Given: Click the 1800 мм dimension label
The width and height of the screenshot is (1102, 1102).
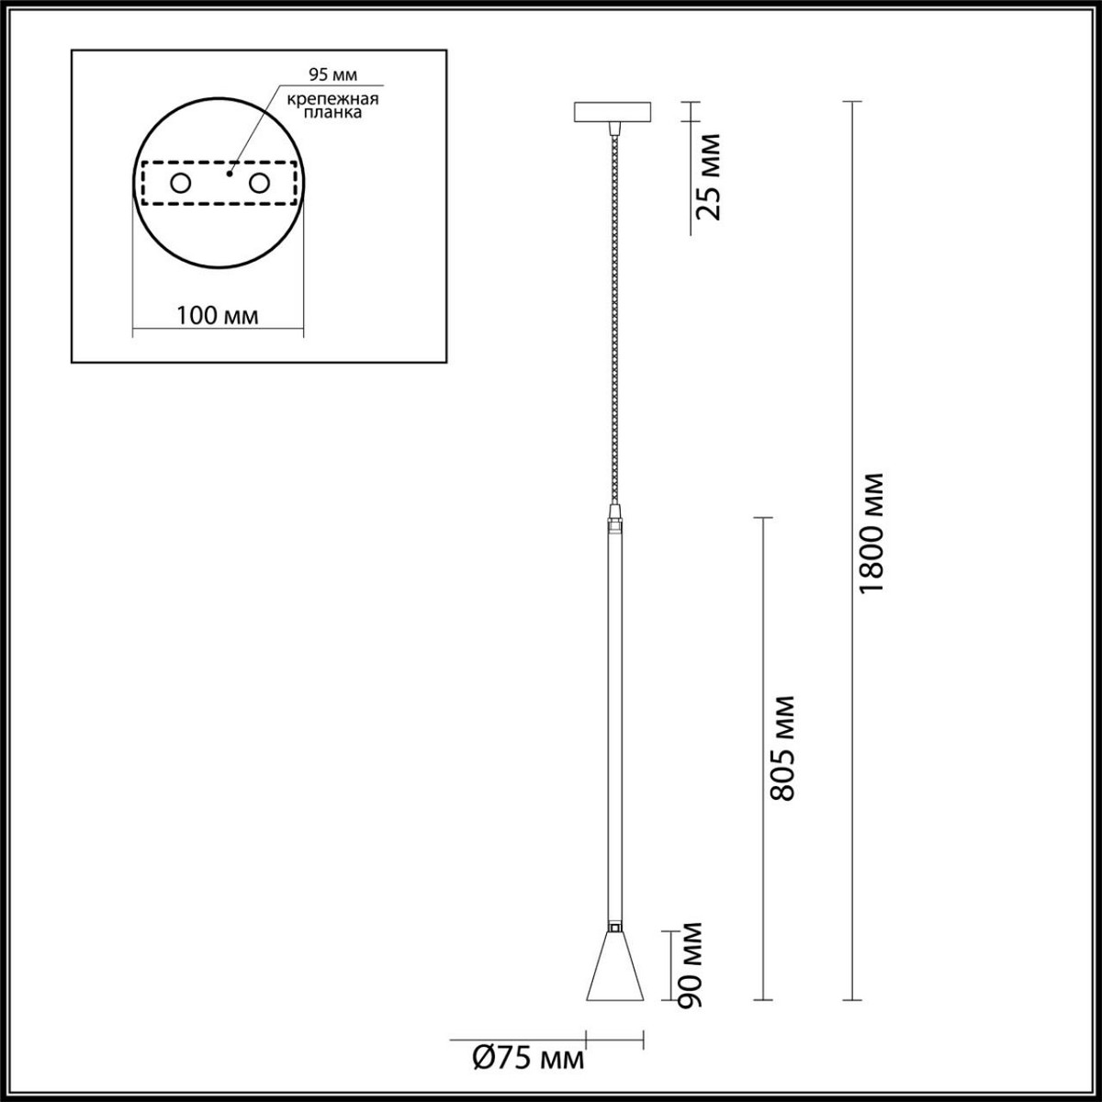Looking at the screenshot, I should point(872,533).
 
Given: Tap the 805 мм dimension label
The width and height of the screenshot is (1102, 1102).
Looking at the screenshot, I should point(782,748).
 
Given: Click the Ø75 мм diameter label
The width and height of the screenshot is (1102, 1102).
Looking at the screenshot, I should point(528,1061).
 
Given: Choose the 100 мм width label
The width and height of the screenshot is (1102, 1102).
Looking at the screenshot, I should point(218,316).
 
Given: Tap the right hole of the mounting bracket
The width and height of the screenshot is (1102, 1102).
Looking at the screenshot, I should point(259,184).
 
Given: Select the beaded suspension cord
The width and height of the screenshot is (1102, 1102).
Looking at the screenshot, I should point(613,312).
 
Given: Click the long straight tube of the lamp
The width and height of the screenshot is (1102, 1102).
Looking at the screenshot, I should point(613,725).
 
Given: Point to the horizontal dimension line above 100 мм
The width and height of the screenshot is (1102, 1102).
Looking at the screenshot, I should point(218,329).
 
